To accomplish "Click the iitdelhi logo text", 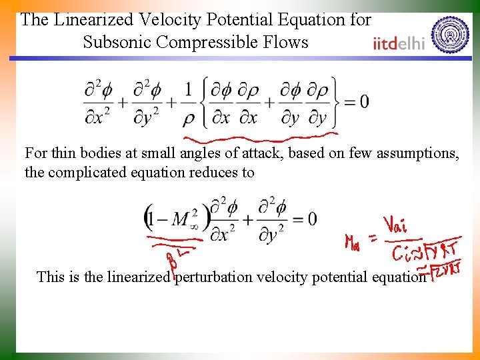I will click(x=399, y=44).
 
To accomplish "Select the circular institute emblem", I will click(x=450, y=34).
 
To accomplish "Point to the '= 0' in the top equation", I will click(x=355, y=102).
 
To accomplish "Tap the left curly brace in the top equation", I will click(x=204, y=102).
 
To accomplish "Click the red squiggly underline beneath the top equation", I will click(x=260, y=139).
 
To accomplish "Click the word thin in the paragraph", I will click(x=63, y=153).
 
